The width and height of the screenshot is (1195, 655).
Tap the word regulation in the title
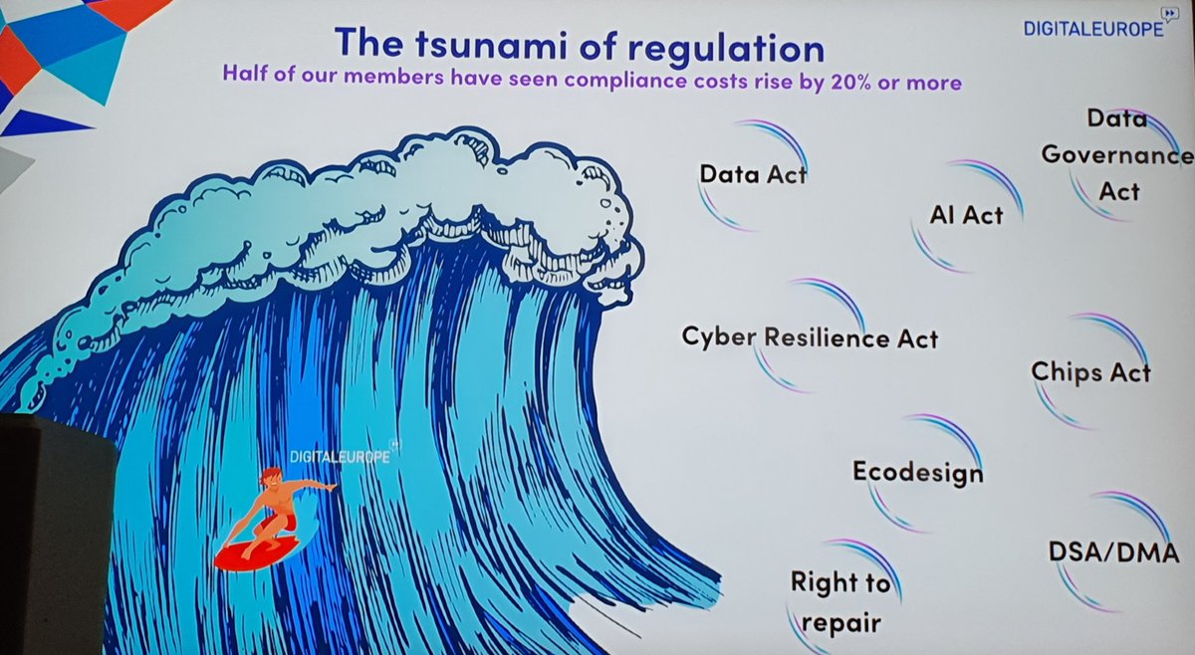pos(710,46)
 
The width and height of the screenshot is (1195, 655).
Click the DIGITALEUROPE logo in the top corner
pos(1093,29)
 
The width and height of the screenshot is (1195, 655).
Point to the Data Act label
pos(753,174)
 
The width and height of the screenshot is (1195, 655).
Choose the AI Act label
pos(966,214)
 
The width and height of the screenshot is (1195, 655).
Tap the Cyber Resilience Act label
pos(810,337)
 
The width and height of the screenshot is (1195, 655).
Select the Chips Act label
pos(1090,372)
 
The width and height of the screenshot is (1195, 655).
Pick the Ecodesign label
pos(917,472)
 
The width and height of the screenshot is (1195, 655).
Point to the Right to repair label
pos(838,602)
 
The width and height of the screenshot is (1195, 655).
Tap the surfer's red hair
pos(269,477)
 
